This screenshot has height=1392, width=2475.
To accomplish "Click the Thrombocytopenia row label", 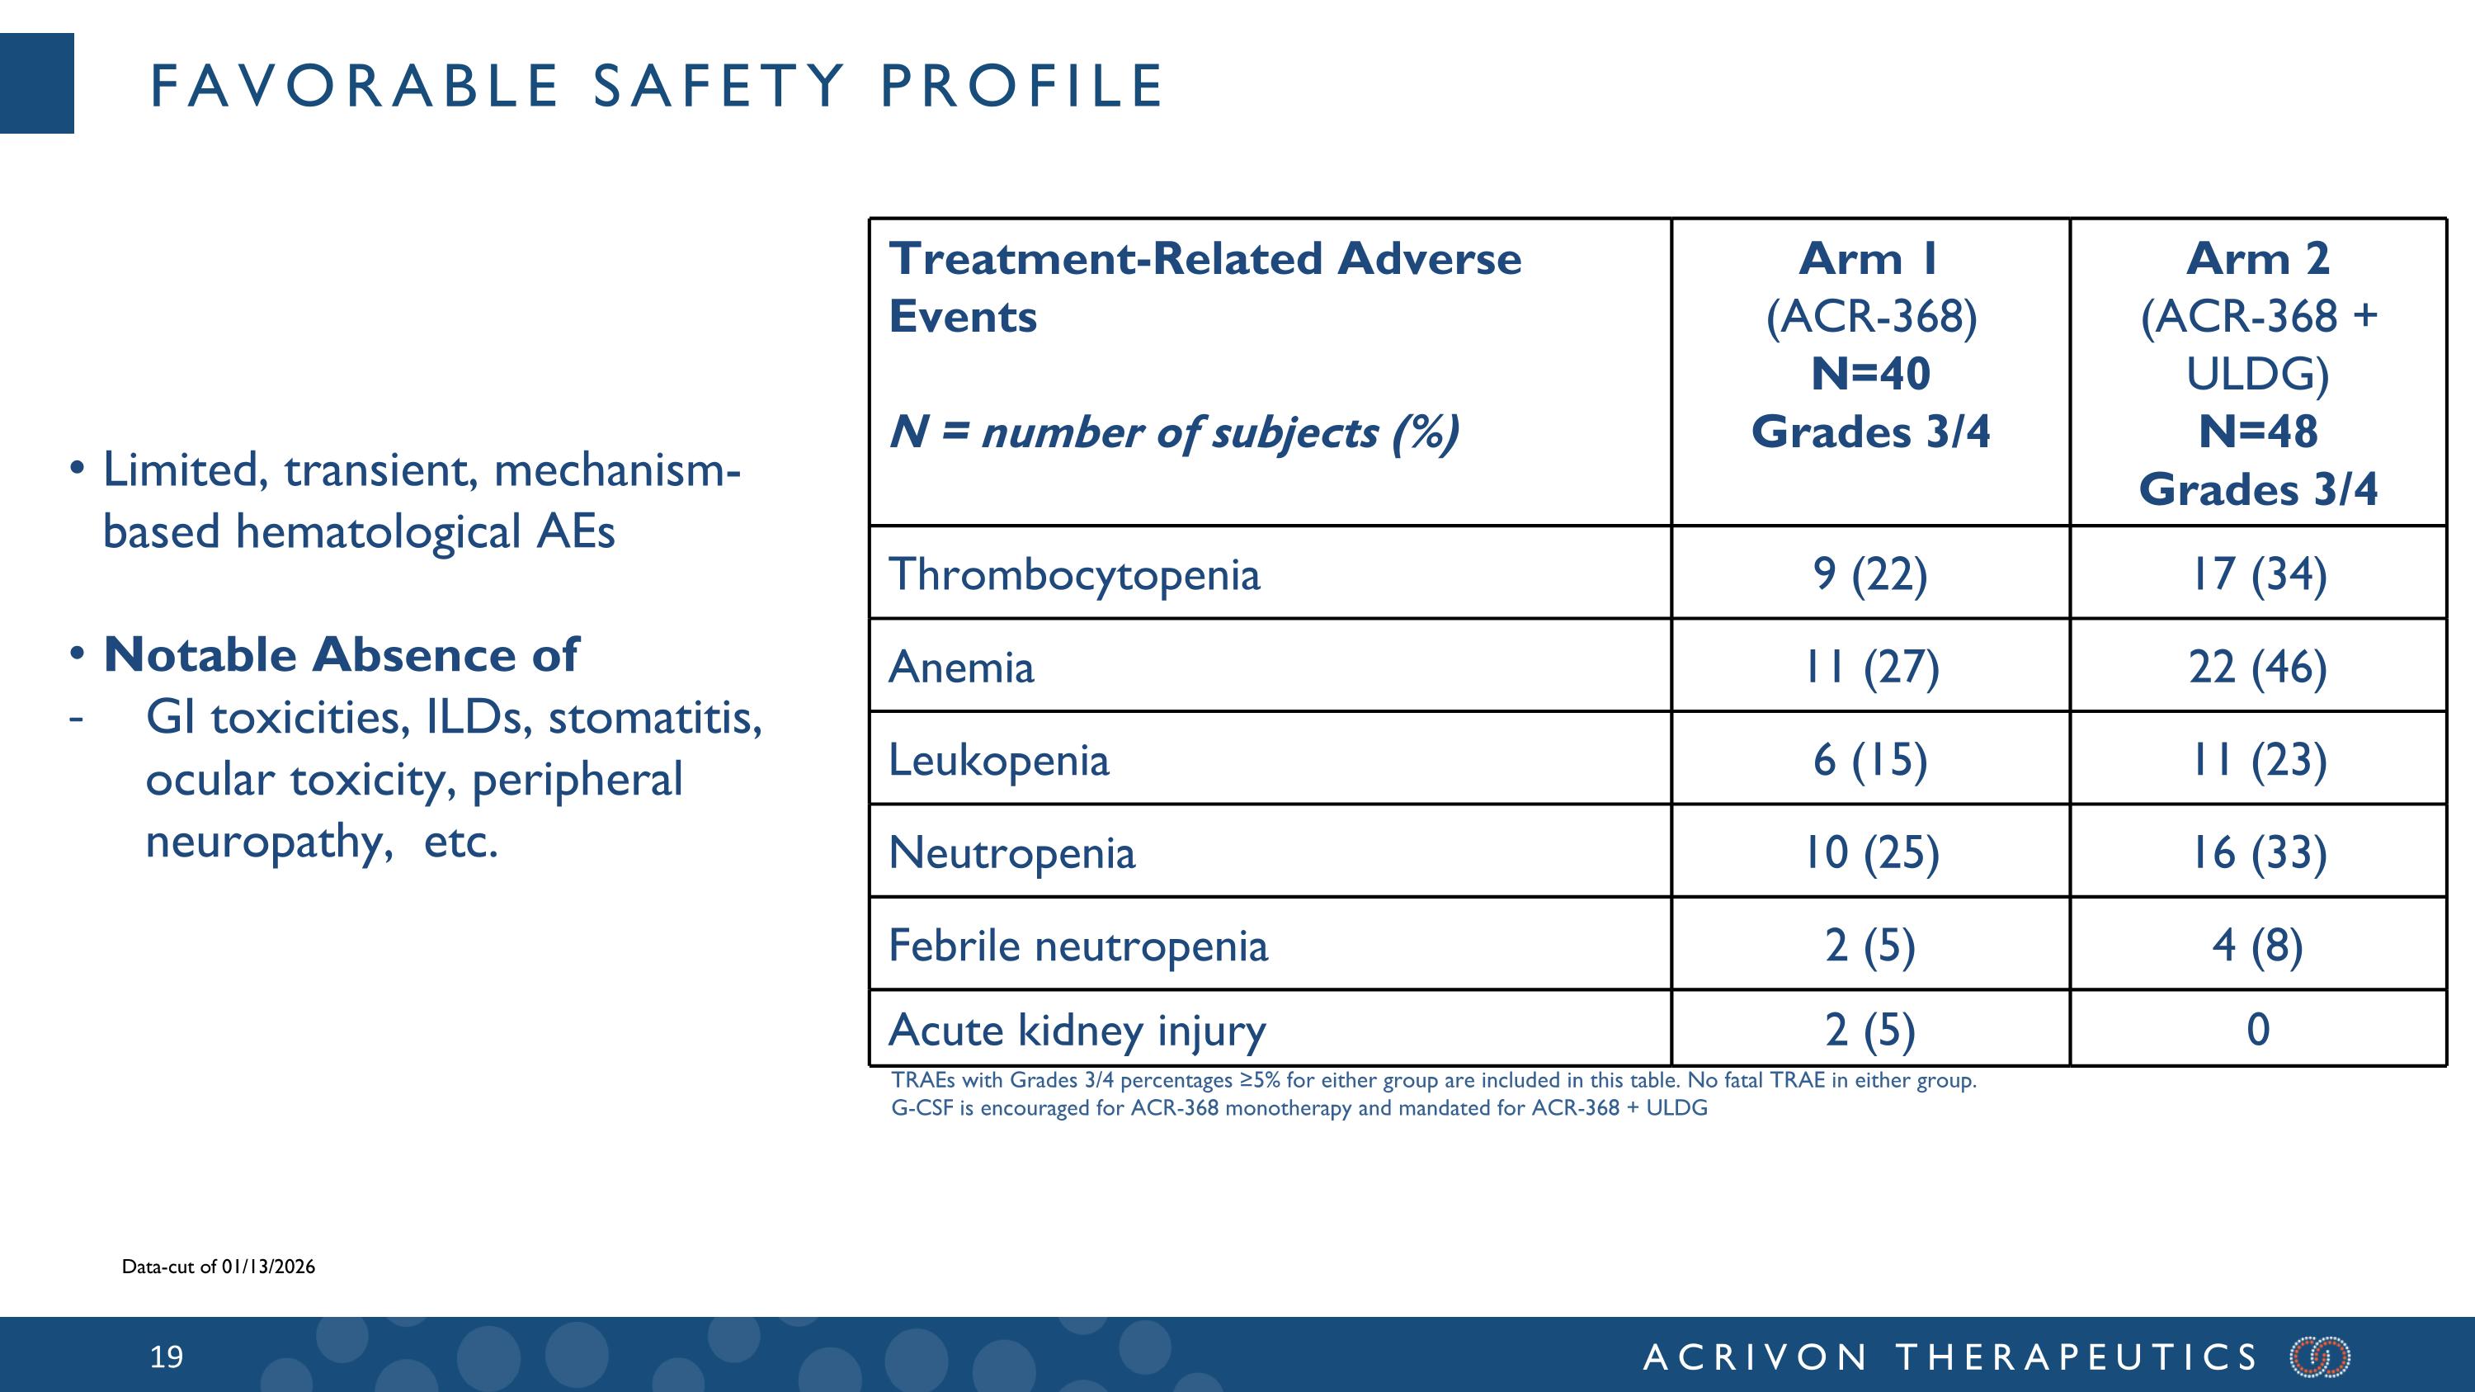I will point(1073,574).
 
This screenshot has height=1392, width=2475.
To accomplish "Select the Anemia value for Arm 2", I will point(2257,667).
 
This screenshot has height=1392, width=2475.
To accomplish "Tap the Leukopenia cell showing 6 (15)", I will point(1869,760).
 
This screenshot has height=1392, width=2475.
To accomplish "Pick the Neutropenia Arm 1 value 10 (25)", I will point(1869,853).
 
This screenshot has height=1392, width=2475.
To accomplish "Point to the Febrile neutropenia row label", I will point(1077,946).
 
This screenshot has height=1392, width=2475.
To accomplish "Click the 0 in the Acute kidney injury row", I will point(2258,1029).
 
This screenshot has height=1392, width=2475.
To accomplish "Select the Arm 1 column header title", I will point(1869,258).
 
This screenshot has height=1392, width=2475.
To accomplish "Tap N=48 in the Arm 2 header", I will point(2258,432).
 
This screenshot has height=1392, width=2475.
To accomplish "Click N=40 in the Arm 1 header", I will point(1869,374).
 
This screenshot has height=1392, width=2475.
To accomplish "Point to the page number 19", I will point(166,1357).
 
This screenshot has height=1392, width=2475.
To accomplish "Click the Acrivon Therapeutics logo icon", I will point(2319,1357).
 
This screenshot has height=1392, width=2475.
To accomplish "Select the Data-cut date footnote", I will point(218,1266).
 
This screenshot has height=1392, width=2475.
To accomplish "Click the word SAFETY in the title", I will point(719,86).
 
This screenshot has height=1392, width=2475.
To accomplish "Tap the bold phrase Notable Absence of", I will point(341,655).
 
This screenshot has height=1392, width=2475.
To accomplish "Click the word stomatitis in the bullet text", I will point(654,718).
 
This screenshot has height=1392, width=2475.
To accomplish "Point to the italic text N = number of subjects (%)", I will point(1173,432).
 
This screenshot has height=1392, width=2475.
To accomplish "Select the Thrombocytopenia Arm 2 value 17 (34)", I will point(2257,574).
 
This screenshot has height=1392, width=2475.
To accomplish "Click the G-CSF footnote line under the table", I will point(1299,1107).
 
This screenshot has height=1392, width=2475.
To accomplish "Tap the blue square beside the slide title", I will point(36,83).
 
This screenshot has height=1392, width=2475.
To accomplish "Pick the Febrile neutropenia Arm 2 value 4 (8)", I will point(2257,946).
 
